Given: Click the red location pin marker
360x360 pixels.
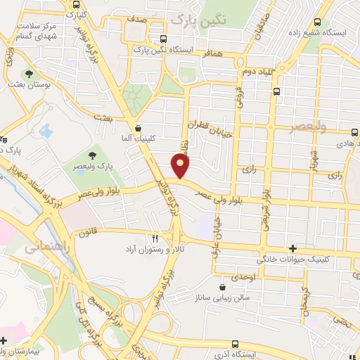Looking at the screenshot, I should [x=181, y=167].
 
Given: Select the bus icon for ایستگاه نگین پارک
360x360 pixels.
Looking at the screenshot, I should [x=163, y=39].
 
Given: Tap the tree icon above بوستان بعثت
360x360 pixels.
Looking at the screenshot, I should [x=29, y=74].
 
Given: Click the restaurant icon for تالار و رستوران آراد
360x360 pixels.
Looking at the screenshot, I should [x=155, y=238].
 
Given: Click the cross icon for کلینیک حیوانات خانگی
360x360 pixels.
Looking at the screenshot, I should [x=292, y=249].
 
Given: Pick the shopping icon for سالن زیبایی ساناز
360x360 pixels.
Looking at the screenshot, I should [x=223, y=288].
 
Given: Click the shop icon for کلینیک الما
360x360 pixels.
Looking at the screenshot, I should [x=138, y=129].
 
